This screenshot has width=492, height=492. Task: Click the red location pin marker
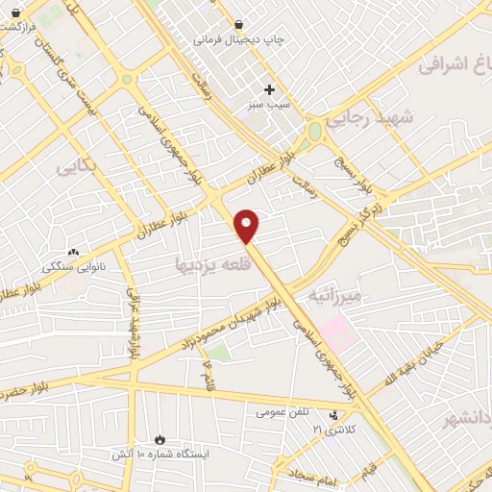[247, 226]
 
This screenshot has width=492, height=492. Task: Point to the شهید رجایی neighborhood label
[369, 119]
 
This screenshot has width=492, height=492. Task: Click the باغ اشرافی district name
[456, 65]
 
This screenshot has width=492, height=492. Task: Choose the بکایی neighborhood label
[77, 165]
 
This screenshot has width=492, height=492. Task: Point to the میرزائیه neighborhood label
[334, 295]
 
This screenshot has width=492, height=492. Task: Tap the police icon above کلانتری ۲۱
[333, 416]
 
